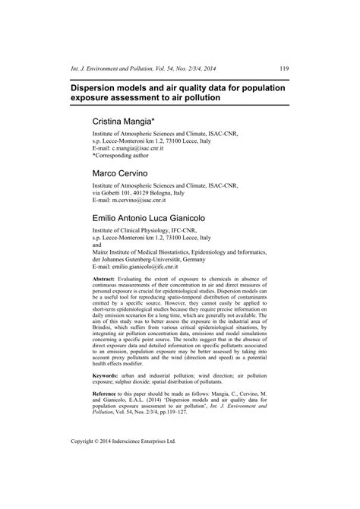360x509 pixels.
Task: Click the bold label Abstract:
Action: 106,280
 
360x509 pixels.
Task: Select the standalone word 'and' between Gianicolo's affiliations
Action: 96,245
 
